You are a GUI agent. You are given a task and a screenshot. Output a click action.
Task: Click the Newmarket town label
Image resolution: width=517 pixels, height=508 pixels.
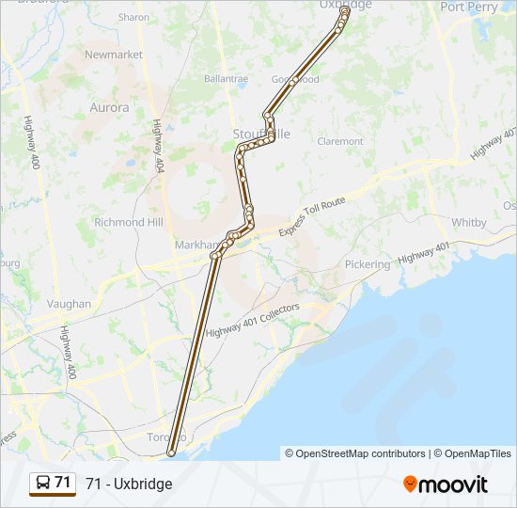coord(113,55)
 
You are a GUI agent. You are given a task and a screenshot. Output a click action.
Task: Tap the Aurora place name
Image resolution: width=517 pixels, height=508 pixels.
coord(109,108)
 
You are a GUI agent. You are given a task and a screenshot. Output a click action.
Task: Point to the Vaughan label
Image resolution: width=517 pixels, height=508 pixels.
coord(69,304)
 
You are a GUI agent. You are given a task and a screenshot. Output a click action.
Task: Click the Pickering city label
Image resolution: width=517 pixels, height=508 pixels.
coord(367,265)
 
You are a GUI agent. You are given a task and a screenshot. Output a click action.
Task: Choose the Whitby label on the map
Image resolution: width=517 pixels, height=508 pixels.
coord(469,223)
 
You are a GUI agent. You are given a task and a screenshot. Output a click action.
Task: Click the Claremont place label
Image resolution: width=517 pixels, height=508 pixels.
coord(340,141)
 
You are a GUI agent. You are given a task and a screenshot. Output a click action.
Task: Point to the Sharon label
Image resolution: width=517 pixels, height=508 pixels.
coord(134,18)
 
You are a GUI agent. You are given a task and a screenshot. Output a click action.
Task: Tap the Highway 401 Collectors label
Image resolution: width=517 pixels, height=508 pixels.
coord(252,321)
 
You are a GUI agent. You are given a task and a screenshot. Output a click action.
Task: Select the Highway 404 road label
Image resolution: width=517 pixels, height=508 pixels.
coord(155,146)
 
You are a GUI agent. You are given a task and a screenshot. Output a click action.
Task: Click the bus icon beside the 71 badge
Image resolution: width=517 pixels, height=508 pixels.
coord(42,484)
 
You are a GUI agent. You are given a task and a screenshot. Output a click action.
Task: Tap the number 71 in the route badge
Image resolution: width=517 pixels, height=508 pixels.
coord(62,483)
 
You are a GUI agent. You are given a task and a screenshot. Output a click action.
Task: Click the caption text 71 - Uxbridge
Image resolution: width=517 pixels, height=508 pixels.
coord(129,484)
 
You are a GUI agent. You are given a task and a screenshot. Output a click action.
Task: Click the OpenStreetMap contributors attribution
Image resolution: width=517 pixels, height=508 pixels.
coord(360,453)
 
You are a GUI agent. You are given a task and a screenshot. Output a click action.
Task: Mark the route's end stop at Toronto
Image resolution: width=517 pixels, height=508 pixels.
coord(171,453)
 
